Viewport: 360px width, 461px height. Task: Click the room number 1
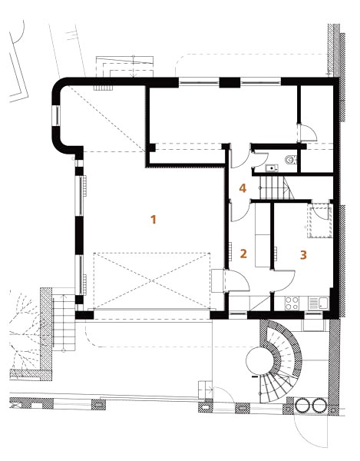coord(154,219)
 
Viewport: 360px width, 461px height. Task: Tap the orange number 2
coord(243,254)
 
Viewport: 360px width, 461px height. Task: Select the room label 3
coord(303,255)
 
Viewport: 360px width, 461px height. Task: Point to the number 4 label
coord(243,188)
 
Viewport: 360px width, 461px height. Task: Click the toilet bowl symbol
coord(291,160)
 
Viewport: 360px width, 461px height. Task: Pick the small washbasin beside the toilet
coord(272,168)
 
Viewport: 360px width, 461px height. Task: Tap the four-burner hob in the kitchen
coord(292,303)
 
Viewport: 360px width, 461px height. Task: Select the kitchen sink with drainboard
coord(319,303)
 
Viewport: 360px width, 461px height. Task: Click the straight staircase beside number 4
coord(275,187)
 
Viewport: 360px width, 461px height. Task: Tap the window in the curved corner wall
coord(56,115)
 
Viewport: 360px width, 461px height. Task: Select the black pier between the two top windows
coord(230,83)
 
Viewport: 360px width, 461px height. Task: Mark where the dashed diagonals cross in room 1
coord(152,280)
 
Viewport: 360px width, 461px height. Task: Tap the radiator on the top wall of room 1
coord(104,88)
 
